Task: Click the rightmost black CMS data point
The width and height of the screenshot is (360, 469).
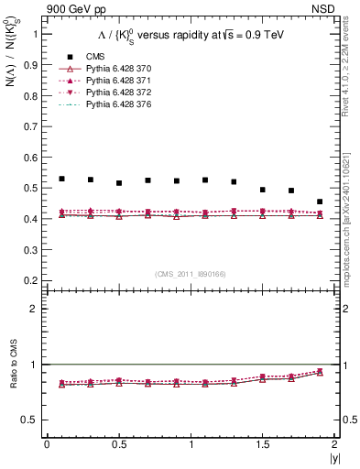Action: [x=320, y=202]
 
